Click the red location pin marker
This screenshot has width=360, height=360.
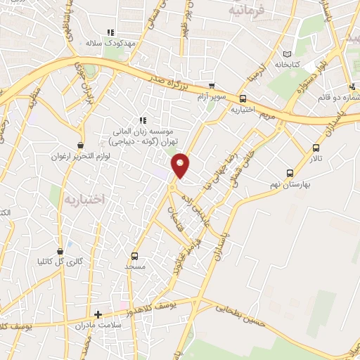(181, 165)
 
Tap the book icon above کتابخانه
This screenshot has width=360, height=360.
(286, 54)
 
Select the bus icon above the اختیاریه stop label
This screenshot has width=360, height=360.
(243, 98)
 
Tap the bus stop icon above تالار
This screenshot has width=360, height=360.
(315, 148)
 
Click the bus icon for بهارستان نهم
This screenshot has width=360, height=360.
(290, 173)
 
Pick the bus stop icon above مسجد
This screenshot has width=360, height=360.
(134, 257)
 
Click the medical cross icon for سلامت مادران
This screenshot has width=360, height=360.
(98, 314)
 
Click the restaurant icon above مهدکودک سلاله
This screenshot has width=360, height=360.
(109, 32)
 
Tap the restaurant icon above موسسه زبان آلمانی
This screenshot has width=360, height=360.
(143, 120)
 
